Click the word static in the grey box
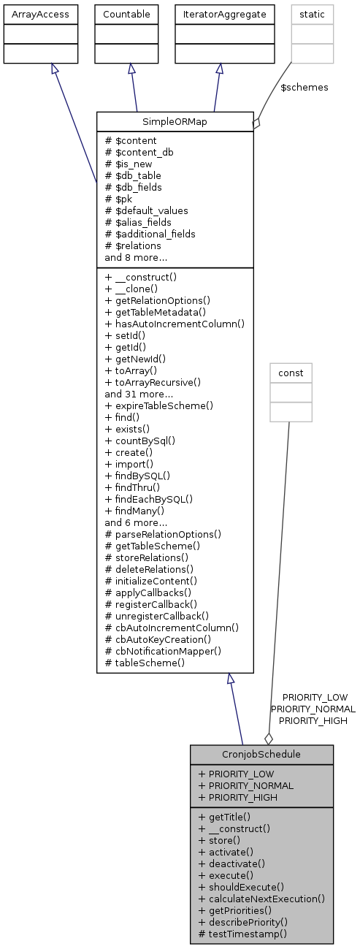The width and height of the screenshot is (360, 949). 312,14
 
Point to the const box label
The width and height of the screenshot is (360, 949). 291,373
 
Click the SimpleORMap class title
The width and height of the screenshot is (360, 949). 175,121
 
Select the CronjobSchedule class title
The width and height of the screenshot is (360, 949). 261,754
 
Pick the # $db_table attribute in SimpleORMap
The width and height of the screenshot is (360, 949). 133,175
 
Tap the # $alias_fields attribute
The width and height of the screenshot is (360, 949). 138,222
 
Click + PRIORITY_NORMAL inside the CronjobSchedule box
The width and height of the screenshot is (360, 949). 246,785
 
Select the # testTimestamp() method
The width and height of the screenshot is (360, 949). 242,934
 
